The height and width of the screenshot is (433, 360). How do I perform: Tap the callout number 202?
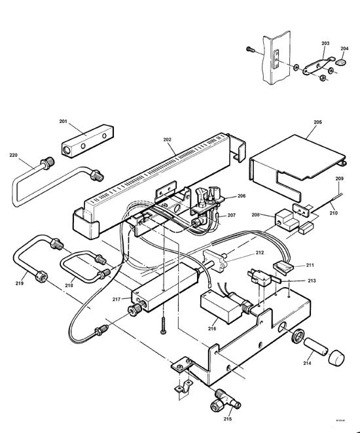pos(168,139)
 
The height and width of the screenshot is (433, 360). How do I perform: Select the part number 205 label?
pos(317,122)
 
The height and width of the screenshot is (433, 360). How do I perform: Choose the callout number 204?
pos(345,48)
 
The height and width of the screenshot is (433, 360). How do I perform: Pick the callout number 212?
pos(260,252)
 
